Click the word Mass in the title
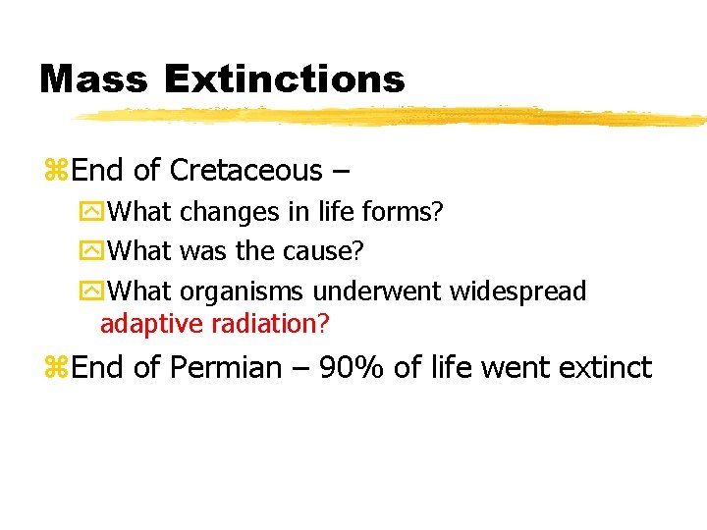pos(93,79)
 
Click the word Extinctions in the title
pos(284,79)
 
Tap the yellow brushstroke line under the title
pos(393,117)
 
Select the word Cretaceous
pos(245,171)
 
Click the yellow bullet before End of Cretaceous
pos(55,172)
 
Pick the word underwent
pos(379,291)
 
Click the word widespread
pos(517,291)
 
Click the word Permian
pos(225,368)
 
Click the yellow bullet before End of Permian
pos(55,369)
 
